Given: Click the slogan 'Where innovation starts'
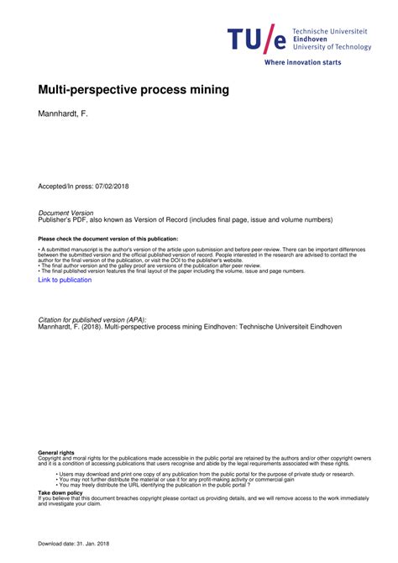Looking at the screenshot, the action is (302, 62).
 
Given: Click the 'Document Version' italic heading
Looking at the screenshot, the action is (66, 213).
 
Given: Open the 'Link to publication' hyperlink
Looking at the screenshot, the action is (65, 281).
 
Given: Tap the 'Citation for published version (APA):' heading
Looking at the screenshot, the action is (92, 320).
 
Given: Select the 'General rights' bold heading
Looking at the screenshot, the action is (55, 453).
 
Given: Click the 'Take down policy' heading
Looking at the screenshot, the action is (59, 493).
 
